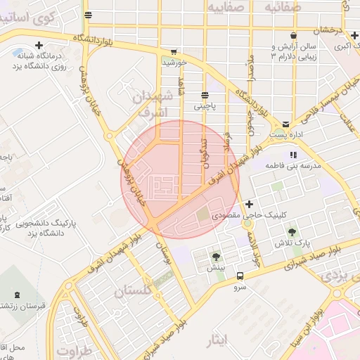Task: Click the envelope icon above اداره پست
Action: (x=285, y=122)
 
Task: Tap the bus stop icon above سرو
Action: (x=240, y=276)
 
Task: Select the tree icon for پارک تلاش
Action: (x=292, y=231)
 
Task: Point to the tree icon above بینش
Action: (x=216, y=257)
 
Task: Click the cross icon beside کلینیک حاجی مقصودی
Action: (x=250, y=204)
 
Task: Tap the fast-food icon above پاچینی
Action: (x=205, y=96)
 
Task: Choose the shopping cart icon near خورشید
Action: (x=174, y=51)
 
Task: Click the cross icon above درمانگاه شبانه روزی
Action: (x=47, y=46)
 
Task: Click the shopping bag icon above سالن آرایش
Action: (x=292, y=35)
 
